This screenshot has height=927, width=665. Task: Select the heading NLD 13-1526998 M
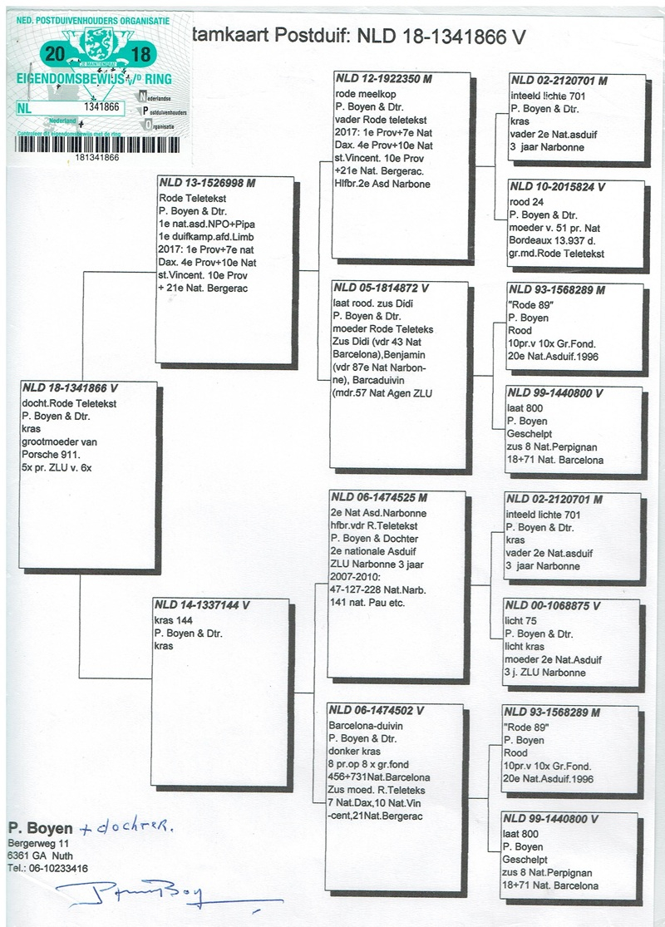pos(207,183)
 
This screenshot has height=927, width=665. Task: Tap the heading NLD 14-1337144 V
pos(203,606)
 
